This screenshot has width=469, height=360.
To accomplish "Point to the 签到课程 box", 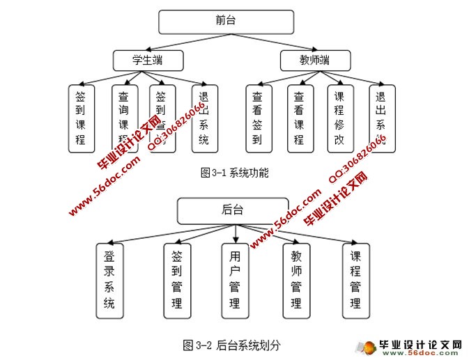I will click(x=80, y=118).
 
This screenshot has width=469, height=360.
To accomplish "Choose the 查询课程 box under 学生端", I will click(x=123, y=118).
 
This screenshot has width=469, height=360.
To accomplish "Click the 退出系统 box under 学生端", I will click(x=203, y=118).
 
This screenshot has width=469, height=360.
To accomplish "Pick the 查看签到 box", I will click(x=257, y=118).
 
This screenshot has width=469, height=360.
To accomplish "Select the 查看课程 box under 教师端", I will click(x=298, y=118).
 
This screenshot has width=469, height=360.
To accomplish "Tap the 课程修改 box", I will click(x=339, y=118).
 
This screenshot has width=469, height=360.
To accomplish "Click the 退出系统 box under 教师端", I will click(x=380, y=118).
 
